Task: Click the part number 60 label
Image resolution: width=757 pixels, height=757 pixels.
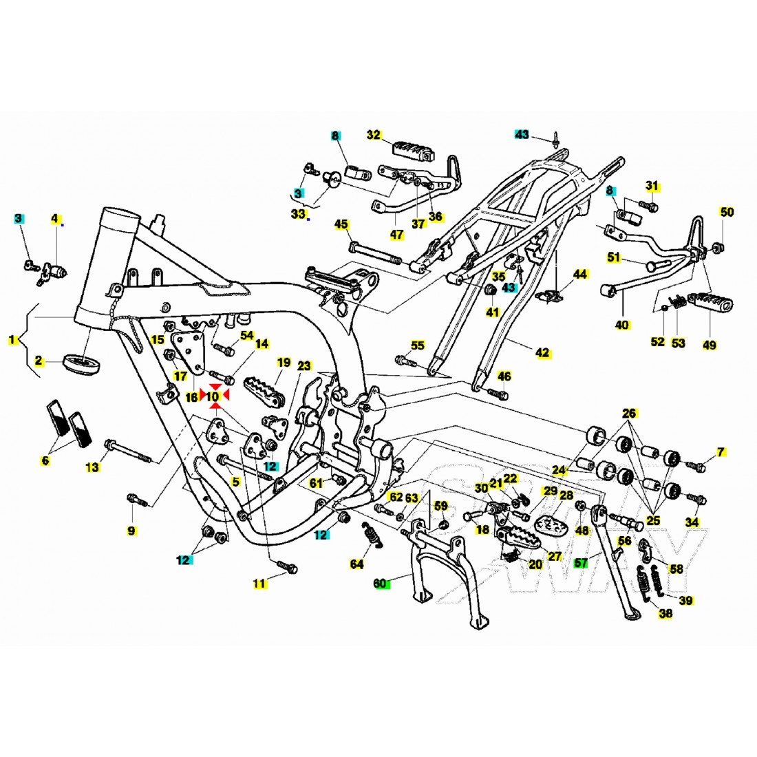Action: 381,584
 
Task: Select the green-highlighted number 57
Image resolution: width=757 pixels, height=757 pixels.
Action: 582,563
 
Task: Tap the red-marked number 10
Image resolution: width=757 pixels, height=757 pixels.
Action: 213,397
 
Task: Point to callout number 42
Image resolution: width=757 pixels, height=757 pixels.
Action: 543,353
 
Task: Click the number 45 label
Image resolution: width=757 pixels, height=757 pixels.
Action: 341,225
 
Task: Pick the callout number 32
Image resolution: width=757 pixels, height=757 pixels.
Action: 374,136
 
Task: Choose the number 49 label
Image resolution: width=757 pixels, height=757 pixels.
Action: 707,343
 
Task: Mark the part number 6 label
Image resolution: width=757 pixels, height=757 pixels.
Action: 45,460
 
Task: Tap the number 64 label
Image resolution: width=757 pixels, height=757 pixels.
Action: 356,564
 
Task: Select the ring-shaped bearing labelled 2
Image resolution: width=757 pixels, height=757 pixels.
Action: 79,362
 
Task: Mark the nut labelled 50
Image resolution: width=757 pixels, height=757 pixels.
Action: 717,247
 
